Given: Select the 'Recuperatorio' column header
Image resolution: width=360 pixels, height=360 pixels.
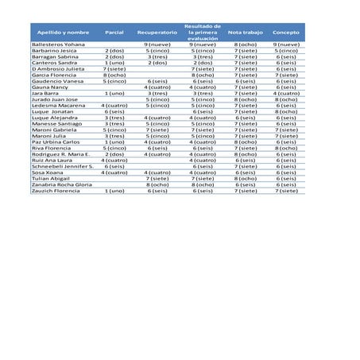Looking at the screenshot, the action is pyautogui.click(x=157, y=33).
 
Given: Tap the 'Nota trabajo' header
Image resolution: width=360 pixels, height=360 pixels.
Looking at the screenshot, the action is pyautogui.click(x=245, y=33).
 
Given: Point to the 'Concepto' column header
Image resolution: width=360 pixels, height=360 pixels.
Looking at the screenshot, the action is pyautogui.click(x=286, y=33).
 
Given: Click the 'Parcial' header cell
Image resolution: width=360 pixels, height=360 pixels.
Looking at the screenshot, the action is pyautogui.click(x=114, y=33).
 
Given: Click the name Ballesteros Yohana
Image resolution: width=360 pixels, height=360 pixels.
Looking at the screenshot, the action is pyautogui.click(x=58, y=45).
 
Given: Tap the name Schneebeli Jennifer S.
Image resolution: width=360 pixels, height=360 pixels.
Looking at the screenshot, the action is pyautogui.click(x=63, y=166).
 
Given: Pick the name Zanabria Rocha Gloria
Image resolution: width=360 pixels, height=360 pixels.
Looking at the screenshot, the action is pyautogui.click(x=62, y=184).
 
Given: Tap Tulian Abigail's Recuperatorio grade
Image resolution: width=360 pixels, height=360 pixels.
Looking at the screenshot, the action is pyautogui.click(x=157, y=178).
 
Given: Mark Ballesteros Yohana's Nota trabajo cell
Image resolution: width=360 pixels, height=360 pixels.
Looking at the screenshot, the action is pyautogui.click(x=245, y=45).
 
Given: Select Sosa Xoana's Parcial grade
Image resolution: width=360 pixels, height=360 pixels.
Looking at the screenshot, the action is pyautogui.click(x=114, y=172).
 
